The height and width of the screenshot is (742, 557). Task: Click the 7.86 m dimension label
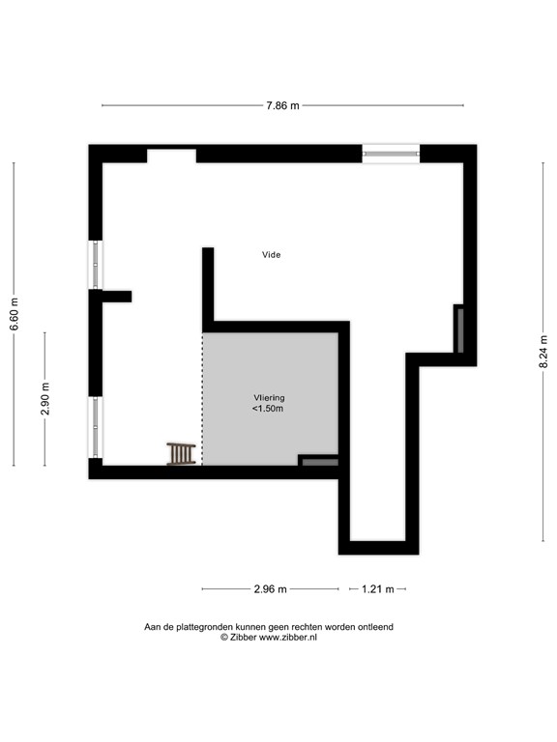282,105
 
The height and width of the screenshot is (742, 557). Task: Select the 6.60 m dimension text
14,314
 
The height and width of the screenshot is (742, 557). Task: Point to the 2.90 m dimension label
44,398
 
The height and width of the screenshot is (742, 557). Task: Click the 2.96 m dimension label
270,588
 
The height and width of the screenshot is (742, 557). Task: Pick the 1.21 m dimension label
377,588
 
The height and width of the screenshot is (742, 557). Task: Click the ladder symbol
181,453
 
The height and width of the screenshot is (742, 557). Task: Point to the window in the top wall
392,153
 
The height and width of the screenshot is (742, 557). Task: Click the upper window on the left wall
96,264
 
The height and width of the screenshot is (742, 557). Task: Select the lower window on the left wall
96,426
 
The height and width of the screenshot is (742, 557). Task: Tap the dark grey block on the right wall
460,328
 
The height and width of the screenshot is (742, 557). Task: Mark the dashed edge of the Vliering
202,398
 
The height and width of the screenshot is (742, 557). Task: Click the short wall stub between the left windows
116,296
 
